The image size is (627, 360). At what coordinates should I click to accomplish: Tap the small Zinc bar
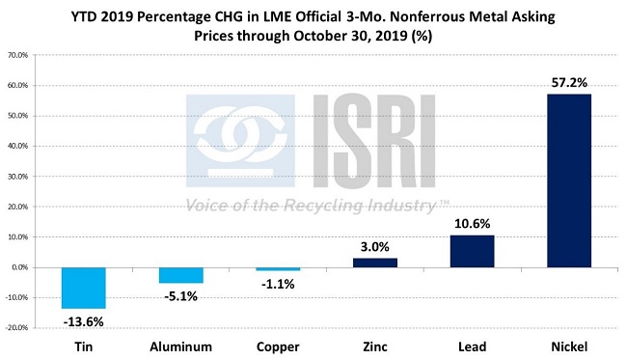coord(375,263)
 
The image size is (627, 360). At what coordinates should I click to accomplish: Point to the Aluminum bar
coord(181,275)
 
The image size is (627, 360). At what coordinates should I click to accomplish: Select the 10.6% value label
coord(473,223)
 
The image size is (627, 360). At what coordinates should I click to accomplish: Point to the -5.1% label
coord(181,295)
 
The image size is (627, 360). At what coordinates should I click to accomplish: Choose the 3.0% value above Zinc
coord(375,246)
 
